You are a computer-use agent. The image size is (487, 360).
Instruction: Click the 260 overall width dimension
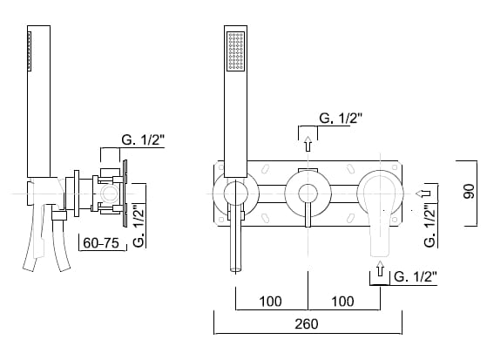click(x=307, y=324)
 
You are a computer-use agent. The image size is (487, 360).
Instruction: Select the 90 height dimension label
click(x=469, y=191)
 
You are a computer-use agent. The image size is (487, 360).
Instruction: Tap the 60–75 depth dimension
click(x=101, y=243)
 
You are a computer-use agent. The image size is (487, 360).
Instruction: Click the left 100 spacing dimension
click(x=271, y=302)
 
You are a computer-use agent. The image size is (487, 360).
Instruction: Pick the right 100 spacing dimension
click(x=342, y=302)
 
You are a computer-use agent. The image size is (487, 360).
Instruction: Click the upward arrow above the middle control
click(x=308, y=144)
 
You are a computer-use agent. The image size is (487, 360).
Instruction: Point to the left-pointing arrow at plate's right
click(x=423, y=194)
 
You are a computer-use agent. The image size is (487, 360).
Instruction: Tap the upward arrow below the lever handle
click(x=380, y=268)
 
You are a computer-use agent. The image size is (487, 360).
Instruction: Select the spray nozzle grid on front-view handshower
click(x=236, y=51)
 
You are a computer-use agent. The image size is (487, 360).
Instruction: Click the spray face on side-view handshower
click(x=30, y=51)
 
